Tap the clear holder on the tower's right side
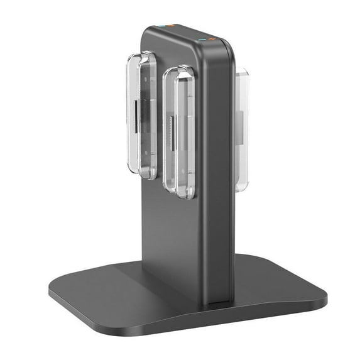tap(242, 129)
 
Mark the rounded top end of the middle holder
tap(180, 68)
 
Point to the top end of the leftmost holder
tap(141, 55)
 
